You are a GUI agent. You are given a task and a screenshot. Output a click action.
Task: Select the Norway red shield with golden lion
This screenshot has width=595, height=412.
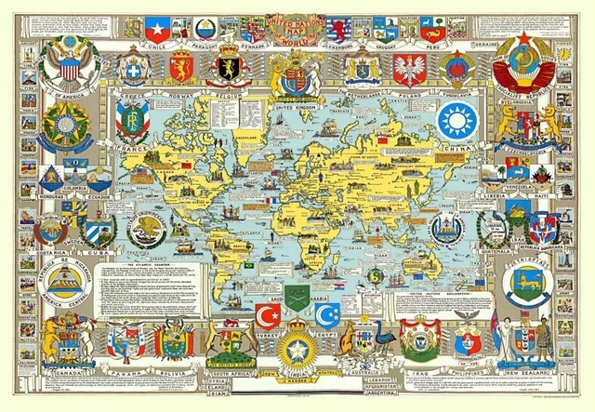pyautogui.click(x=181, y=68)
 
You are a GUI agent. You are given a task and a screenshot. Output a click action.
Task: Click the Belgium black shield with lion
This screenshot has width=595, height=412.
pyautogui.click(x=231, y=68)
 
